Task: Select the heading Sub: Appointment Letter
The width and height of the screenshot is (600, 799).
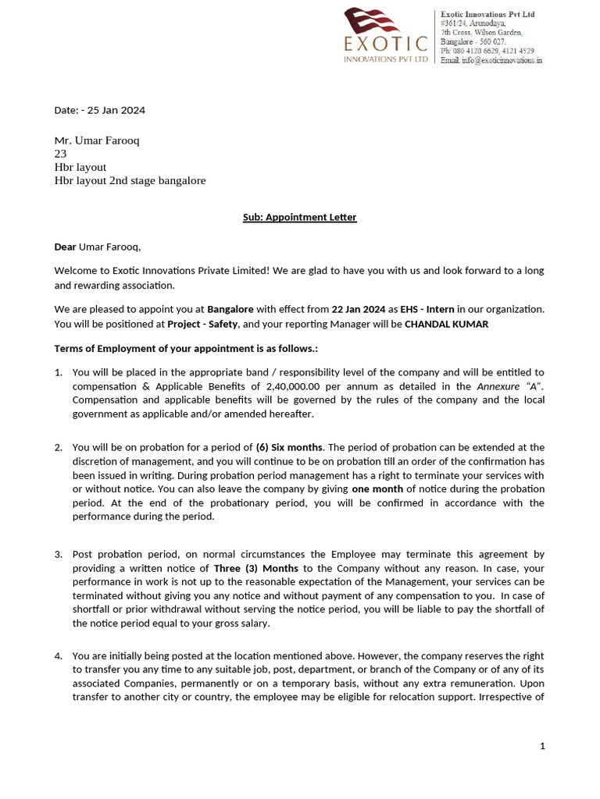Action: [x=299, y=217]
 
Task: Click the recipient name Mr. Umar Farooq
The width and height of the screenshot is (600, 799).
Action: [x=97, y=140]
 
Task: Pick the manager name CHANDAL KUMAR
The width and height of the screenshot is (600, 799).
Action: [x=446, y=324]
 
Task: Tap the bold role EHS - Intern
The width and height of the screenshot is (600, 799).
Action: [x=427, y=310]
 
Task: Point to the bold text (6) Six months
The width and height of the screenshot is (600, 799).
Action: [x=289, y=447]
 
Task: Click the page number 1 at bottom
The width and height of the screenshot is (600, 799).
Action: [x=542, y=747]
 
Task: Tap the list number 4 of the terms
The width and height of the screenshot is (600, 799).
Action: [x=58, y=655]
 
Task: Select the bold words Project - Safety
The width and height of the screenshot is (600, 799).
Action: [x=202, y=324]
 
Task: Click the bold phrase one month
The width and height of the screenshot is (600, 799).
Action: [x=377, y=488]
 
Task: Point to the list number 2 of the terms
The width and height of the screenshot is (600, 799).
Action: [x=58, y=447]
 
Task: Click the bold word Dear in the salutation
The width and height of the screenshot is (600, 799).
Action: [x=65, y=247]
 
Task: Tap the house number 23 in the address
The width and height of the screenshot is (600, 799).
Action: [x=60, y=154]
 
